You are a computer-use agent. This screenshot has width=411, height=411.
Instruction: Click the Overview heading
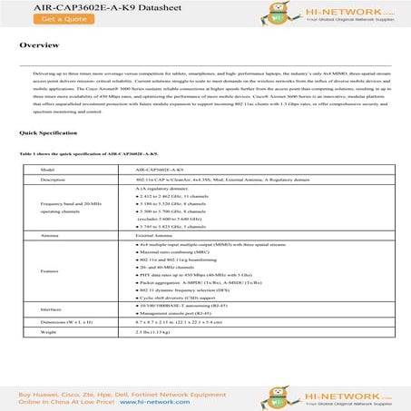(39, 44)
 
